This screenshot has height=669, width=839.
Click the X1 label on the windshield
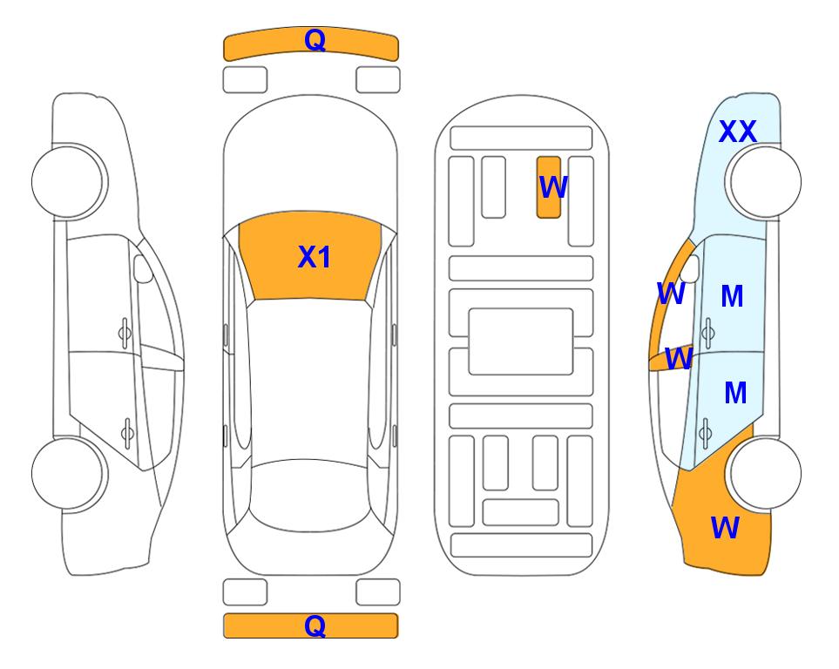[x=314, y=257]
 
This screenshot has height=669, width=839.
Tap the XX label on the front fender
[x=737, y=132]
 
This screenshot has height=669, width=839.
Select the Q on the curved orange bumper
[x=315, y=40]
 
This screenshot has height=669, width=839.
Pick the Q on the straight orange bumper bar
[x=315, y=625]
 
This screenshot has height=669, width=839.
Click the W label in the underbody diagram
[x=553, y=187]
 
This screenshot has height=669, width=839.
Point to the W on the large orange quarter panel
[x=725, y=528]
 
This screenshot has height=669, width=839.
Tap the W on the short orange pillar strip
[x=679, y=358]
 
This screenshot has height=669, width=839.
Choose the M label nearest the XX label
[x=732, y=297]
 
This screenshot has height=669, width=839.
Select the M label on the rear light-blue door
[x=735, y=394]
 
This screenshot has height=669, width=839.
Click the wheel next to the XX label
[x=764, y=181]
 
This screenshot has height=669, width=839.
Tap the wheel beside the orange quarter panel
[x=764, y=474]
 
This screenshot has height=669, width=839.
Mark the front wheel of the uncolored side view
[x=68, y=181]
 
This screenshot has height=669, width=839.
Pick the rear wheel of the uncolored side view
[x=68, y=474]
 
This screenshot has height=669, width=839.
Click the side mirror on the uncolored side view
[x=143, y=270]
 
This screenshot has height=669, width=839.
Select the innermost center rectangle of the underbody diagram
[x=521, y=341]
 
